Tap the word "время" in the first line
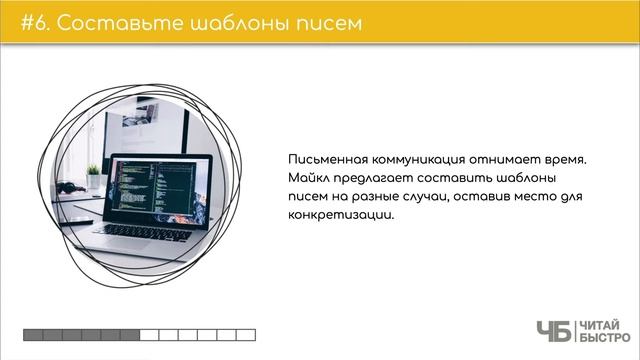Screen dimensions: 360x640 574,160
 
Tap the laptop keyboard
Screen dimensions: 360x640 150,231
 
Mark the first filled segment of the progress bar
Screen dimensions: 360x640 33,334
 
